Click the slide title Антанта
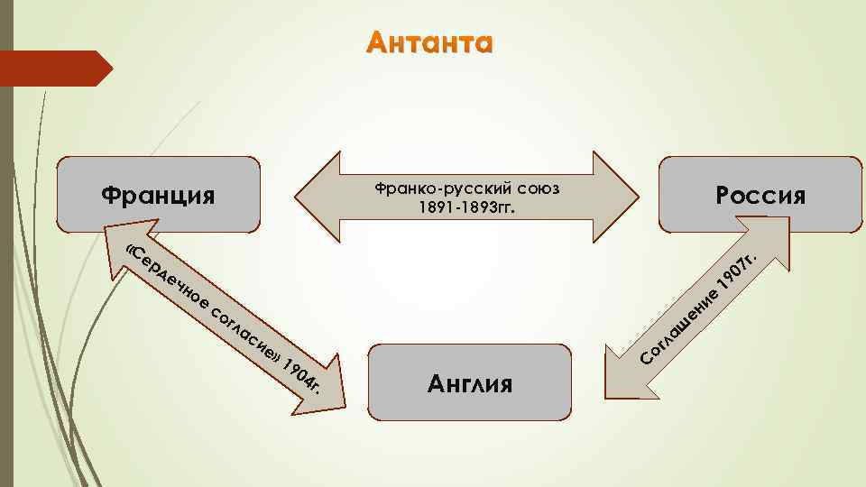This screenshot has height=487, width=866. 431,43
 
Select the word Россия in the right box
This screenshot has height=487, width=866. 760,197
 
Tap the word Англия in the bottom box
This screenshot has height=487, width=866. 469,384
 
